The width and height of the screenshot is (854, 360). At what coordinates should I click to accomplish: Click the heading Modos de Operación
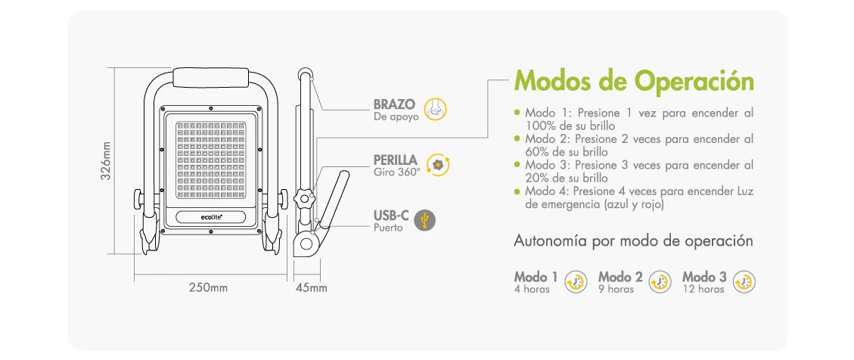pos(634,80)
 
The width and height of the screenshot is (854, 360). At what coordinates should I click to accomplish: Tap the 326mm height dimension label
pos(107,160)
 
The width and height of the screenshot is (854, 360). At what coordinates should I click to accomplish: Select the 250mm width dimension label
pos(208,287)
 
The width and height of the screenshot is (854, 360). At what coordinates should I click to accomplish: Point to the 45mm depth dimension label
pos(312,287)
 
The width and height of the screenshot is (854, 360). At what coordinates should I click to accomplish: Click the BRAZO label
pos(394,104)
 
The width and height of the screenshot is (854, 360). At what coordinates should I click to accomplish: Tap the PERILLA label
pos(395,160)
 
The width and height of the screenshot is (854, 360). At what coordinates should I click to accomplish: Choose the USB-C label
pos(391,215)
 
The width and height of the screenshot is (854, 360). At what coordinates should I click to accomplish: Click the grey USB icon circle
pos(425,220)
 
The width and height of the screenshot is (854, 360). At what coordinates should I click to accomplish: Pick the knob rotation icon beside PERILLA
pos(438,165)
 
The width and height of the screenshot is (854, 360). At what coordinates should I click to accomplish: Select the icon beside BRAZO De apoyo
pos(435,109)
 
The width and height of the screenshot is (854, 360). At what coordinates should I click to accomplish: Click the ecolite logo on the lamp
pos(211,217)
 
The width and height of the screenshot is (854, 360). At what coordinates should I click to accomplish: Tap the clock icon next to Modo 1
pos(576,281)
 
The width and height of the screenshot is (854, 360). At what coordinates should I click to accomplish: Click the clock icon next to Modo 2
pos(660,281)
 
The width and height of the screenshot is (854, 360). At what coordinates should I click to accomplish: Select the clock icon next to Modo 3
pos(745,281)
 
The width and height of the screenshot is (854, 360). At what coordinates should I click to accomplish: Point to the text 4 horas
pos(532,289)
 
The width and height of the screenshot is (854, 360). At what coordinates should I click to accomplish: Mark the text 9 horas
pos(616,289)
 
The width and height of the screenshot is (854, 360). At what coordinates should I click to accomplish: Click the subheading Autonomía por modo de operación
pos(633,241)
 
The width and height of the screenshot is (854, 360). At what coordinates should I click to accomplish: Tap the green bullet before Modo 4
pos(517,191)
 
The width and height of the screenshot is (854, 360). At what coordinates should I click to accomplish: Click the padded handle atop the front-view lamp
pos(211,78)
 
